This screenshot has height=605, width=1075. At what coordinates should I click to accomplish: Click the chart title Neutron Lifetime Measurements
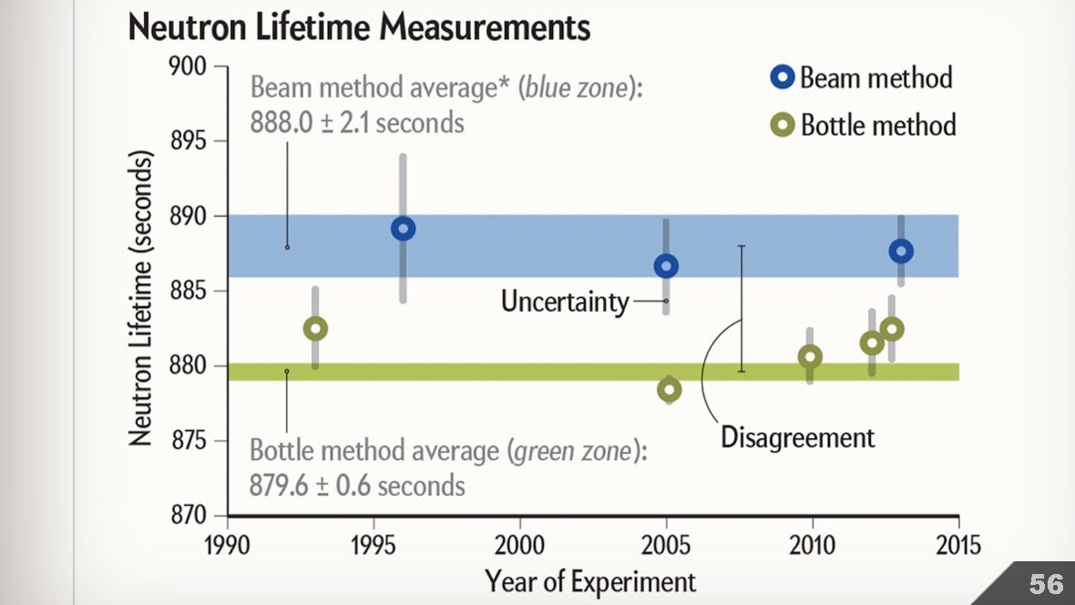pos(359,27)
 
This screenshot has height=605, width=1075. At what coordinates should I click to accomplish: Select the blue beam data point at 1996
pos(404,228)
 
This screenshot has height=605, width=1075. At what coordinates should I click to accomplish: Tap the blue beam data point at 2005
pos(667,266)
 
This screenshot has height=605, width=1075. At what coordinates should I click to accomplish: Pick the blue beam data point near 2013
pos(901,251)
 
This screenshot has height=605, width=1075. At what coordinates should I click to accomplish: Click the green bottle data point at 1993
pos(315,328)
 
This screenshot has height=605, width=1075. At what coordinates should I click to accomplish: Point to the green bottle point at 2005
pos(670,390)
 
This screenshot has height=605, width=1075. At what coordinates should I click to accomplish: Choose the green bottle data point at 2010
pos(810,356)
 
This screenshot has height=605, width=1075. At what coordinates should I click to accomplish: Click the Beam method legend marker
pos(783,77)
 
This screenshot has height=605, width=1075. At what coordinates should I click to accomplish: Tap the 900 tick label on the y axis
pos(189,67)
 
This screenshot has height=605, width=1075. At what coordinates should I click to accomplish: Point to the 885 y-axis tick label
pos(189,292)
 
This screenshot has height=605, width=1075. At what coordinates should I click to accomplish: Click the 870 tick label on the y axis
pos(189,516)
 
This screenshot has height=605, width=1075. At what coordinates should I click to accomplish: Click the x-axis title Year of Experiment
pos(590,580)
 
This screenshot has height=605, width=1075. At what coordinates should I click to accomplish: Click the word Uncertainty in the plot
pos(565,302)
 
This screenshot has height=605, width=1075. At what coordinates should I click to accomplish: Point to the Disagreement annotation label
pos(797,437)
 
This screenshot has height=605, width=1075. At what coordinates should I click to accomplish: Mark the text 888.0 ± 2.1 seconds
pos(357,121)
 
